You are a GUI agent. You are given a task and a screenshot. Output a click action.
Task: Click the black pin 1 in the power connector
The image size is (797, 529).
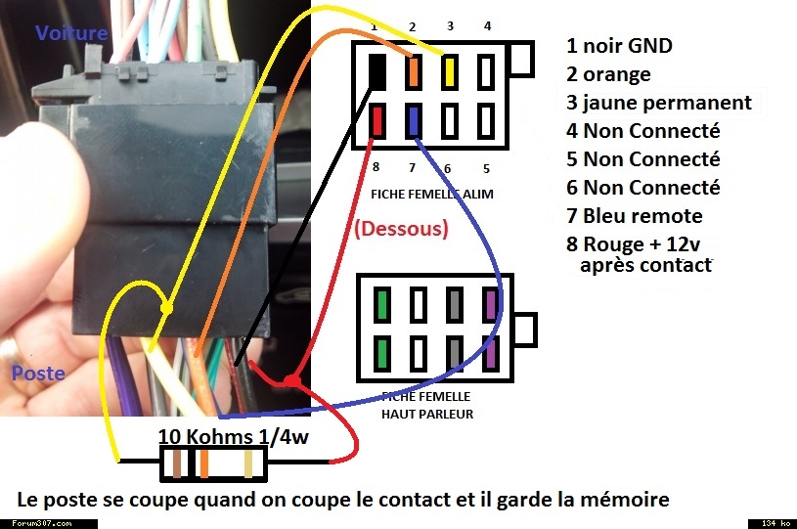[x=376, y=71]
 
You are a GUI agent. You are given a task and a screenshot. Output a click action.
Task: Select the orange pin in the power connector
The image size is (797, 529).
[x=414, y=71]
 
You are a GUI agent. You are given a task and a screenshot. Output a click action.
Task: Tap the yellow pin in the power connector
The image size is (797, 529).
[x=449, y=71]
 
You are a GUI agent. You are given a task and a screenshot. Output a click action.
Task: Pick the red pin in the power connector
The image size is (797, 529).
[x=377, y=120]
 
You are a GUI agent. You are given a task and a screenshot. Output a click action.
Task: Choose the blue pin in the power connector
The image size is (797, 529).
[x=414, y=121]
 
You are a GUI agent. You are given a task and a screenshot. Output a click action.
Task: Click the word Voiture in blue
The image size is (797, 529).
[x=71, y=33]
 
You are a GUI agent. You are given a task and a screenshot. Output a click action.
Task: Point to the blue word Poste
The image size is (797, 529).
[x=38, y=374]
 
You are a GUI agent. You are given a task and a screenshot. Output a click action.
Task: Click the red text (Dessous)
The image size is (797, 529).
[x=401, y=229]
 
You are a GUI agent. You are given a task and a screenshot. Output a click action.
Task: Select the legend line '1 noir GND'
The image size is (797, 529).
[x=619, y=46]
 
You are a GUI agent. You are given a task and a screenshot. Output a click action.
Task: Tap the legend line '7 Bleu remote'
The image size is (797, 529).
[x=635, y=216]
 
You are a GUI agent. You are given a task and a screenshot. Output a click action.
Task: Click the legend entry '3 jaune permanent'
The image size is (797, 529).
[x=659, y=103]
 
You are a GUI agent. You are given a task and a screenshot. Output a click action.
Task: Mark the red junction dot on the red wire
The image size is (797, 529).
[x=291, y=380]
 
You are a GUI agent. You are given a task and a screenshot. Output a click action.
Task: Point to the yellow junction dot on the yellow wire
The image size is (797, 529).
[x=166, y=308]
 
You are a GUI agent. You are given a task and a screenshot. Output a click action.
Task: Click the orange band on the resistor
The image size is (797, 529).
[x=203, y=463]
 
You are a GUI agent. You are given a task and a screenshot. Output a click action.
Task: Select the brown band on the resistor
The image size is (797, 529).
[x=177, y=463]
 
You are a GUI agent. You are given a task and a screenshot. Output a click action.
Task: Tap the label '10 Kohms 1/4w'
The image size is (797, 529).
[x=234, y=436]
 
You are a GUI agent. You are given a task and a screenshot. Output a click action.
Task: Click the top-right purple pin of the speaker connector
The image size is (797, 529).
[x=491, y=304]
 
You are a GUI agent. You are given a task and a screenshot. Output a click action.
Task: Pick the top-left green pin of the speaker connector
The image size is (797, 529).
[x=382, y=304]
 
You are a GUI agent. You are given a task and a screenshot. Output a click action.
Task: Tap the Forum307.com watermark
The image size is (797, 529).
[x=42, y=523]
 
